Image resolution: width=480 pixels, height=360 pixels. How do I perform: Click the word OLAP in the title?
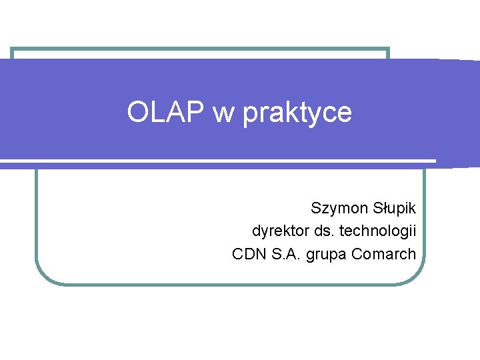[x=167, y=113]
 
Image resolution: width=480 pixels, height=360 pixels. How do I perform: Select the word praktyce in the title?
[x=297, y=114]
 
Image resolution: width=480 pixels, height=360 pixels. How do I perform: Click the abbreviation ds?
[x=325, y=231]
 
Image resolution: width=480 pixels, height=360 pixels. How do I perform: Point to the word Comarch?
[x=383, y=254]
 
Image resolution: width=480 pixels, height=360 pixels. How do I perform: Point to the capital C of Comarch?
[x=357, y=254]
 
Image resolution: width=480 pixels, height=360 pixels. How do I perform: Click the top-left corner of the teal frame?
[x=11, y=49]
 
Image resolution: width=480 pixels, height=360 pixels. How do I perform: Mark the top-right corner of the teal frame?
[x=388, y=49]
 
